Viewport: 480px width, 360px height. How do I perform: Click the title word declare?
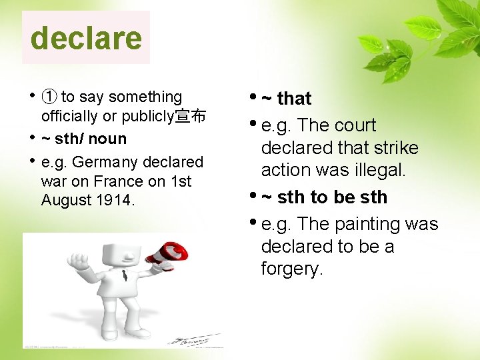tap(86, 38)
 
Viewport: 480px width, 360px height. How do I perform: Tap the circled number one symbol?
tap(49, 97)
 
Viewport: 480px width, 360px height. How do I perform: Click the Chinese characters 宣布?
tap(190, 117)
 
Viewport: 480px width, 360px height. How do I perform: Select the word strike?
tap(395, 148)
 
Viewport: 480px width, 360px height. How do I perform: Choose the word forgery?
tap(291, 269)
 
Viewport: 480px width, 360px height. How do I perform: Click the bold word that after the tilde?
tap(294, 99)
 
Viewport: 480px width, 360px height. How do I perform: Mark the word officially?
tap(69, 117)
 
